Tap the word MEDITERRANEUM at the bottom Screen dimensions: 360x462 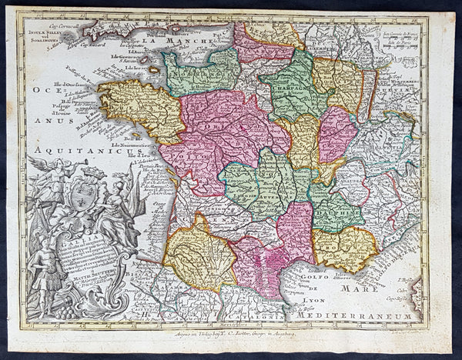[x=343, y=314]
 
